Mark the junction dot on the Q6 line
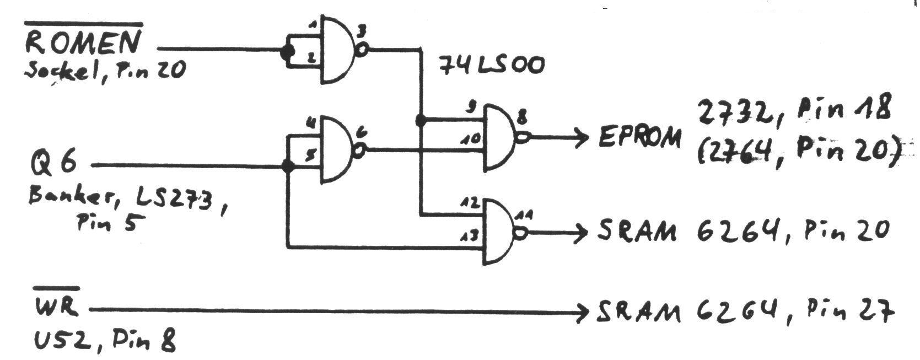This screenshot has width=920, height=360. point(287,165)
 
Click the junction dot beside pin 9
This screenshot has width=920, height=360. point(421,120)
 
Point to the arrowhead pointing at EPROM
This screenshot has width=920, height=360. point(583,137)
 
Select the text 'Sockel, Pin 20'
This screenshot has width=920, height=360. point(105,70)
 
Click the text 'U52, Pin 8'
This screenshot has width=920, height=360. point(105,343)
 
